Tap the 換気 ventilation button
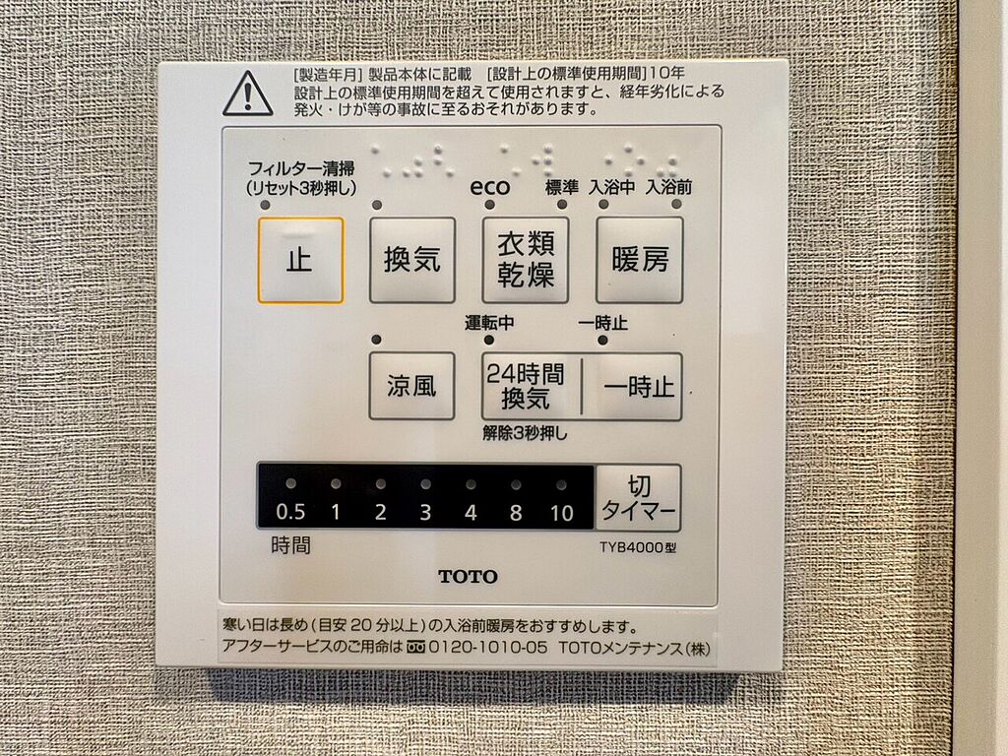tap(412, 260)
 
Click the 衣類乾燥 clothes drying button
tap(526, 260)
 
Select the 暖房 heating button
tap(639, 260)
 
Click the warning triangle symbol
tap(248, 94)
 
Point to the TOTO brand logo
tap(468, 577)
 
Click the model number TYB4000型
tap(638, 547)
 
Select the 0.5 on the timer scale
tap(290, 512)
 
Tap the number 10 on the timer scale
tap(561, 513)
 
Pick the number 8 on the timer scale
tap(516, 513)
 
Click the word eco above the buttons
tap(490, 187)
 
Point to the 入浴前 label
tap(668, 187)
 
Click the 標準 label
tap(562, 187)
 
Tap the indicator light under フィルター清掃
tap(265, 205)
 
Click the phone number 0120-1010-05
tap(488, 647)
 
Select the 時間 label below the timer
tap(290, 545)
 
